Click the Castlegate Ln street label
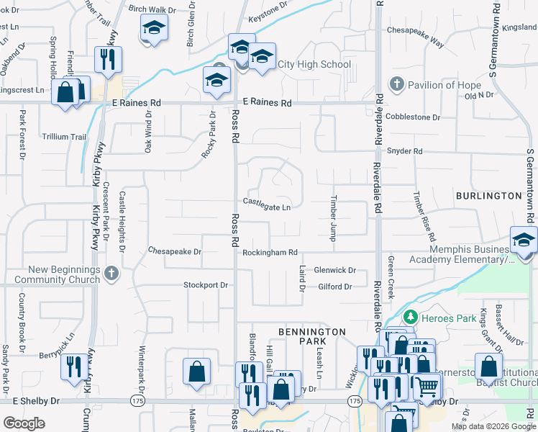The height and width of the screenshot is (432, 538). tap(266, 207)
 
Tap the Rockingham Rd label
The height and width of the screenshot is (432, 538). tap(270, 253)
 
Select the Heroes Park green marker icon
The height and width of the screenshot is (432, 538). tap(410, 316)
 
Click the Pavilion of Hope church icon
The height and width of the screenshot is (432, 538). tap(396, 85)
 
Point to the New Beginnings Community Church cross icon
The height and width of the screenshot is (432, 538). tap(109, 273)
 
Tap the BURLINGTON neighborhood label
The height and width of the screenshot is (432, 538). tap(488, 195)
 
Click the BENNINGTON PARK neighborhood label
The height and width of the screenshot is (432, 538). tap(312, 337)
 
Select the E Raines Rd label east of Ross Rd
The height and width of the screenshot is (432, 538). tap(266, 104)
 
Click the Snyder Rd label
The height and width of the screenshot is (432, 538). tap(404, 152)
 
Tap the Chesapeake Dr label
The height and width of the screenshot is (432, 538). tap(175, 252)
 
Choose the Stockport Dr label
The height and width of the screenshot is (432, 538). tap(205, 285)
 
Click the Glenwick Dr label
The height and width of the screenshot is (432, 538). tap(334, 270)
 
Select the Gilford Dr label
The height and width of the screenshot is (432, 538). tap(334, 287)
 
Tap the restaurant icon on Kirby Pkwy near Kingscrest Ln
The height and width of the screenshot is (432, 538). tap(108, 60)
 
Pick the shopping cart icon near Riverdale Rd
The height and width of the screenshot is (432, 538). tap(426, 387)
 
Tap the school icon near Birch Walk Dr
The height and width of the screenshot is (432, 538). tap(152, 28)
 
